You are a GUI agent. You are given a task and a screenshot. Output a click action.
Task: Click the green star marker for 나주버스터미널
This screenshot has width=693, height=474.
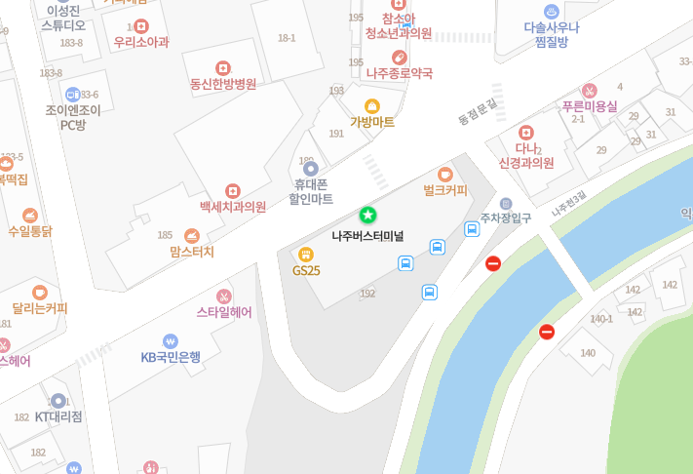click(367, 215)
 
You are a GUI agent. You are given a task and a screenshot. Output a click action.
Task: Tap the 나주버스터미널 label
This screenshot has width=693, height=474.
click(367, 236)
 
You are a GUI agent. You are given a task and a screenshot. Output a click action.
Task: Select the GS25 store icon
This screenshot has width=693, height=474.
click(306, 255)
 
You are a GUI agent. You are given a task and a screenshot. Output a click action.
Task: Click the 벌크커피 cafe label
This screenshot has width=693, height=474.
click(445, 189)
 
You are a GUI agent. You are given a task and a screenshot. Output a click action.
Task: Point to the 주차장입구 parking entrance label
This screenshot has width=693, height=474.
click(506, 218)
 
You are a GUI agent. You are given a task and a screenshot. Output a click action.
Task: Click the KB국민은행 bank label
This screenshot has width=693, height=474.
click(171, 357)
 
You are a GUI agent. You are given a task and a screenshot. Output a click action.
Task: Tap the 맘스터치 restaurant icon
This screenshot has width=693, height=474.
click(192, 235)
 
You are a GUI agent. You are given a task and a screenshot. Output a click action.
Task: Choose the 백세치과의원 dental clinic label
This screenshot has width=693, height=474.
click(233, 207)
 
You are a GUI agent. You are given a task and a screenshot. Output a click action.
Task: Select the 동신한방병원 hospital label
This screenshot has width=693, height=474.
click(223, 84)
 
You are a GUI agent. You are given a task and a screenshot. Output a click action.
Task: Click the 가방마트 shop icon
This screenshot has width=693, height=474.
click(372, 106)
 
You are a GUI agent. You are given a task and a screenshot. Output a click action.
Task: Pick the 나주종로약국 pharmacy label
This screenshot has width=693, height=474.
click(400, 73)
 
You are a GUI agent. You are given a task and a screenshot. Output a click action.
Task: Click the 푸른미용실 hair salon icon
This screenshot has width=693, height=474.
click(589, 91)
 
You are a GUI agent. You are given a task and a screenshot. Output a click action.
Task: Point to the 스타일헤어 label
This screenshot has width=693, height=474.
click(224, 313)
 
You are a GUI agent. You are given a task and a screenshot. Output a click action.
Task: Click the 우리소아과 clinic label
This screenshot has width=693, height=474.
click(141, 42)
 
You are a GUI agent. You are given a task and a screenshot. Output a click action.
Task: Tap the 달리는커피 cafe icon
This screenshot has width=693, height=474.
click(40, 292)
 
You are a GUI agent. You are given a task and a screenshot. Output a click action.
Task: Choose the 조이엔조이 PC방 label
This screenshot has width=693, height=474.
click(73, 117)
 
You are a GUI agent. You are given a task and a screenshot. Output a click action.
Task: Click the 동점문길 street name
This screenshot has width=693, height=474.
click(477, 114)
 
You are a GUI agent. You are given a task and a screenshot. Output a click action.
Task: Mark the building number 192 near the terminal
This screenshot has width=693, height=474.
click(367, 294)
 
